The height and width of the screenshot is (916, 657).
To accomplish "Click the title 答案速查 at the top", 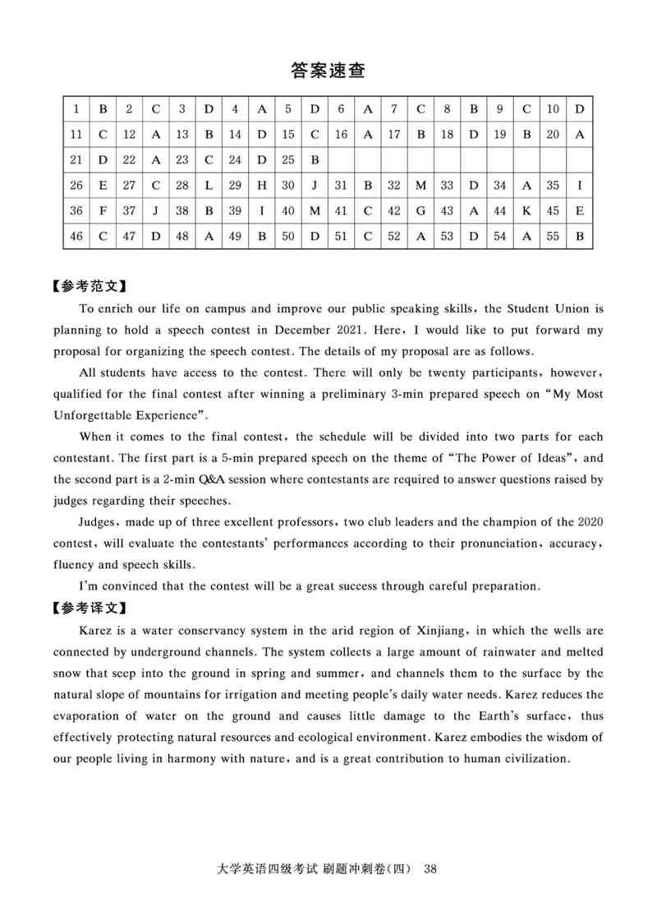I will [x=328, y=71].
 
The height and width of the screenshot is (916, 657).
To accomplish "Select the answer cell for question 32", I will [x=420, y=186].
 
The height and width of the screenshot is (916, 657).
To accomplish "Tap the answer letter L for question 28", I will [x=209, y=186].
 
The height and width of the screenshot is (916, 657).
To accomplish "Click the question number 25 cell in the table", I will [x=288, y=160].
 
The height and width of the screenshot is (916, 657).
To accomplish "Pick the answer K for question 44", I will [x=526, y=211].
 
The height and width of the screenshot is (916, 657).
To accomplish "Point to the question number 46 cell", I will [x=76, y=237].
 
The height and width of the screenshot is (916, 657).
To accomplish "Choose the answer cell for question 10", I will [x=579, y=109].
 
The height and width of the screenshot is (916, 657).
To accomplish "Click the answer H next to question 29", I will [x=261, y=186].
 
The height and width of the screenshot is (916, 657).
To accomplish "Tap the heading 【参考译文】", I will [x=89, y=608].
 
